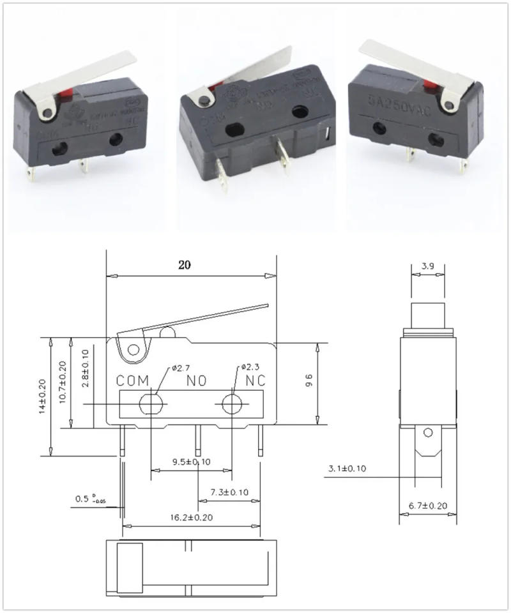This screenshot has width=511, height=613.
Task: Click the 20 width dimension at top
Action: coord(185,265)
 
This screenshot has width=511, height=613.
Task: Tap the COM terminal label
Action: coord(132,381)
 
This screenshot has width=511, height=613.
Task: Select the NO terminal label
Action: coord(196,381)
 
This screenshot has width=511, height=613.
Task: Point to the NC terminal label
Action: coord(256,381)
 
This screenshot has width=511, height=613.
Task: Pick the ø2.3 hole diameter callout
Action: coord(250,368)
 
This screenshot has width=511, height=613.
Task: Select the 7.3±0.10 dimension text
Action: coord(228,492)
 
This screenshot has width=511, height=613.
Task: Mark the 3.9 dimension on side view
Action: coord(429,266)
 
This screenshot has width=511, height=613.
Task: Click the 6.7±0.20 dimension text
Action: coord(428,506)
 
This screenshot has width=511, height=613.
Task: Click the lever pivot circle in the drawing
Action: coord(133,350)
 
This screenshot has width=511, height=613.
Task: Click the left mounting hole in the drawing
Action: coord(151,404)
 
